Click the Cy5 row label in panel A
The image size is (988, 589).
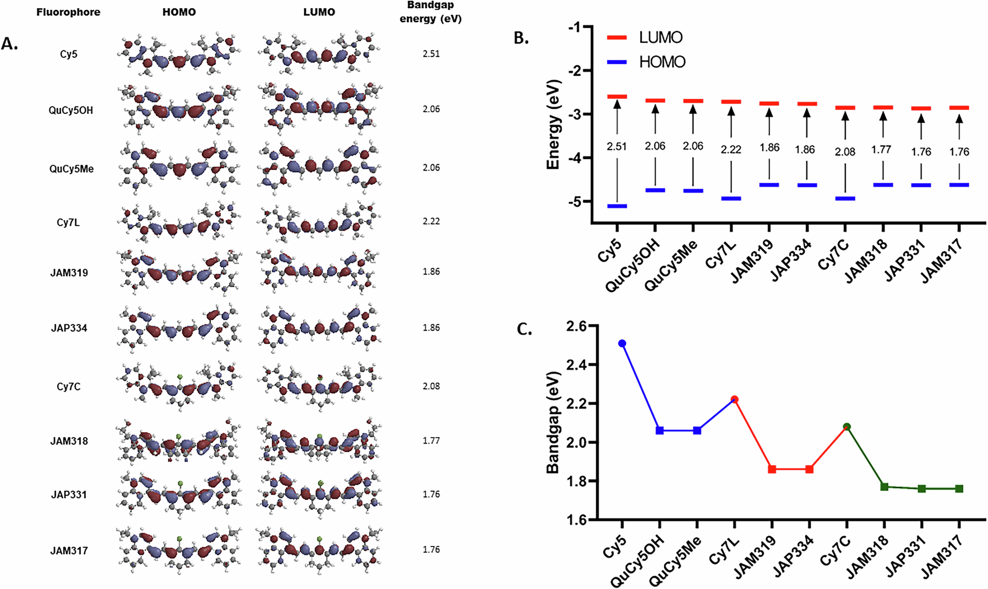coord(69,54)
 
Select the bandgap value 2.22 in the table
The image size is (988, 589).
coord(431,221)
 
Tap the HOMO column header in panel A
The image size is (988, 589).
coord(179,12)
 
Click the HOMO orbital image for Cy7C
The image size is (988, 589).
coord(179,386)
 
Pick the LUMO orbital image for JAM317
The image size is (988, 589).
coord(319,550)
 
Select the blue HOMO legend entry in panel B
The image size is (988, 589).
coord(647,62)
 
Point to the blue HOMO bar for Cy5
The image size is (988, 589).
coord(617,206)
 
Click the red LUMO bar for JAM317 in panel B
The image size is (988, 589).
coord(959,108)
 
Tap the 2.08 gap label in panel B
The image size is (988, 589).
coord(845,152)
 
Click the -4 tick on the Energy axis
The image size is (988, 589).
coord(574,158)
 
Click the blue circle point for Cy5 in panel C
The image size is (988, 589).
coord(622,343)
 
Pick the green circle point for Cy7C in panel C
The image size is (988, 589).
coord(847,426)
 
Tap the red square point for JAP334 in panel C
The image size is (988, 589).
coord(809,469)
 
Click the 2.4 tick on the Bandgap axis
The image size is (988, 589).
coord(576,365)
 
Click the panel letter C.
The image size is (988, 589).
coord(524,329)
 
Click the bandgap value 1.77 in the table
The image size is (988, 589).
coord(431,440)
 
